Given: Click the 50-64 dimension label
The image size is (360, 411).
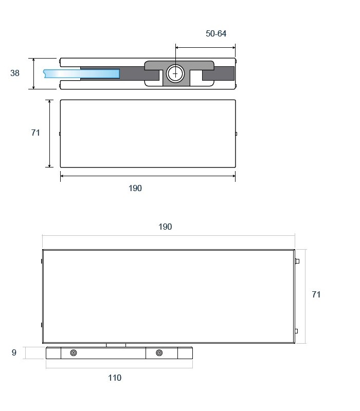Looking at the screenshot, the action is (215, 33).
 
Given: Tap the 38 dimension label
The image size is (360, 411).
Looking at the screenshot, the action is (15, 73).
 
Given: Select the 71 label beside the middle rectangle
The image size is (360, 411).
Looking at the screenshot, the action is (35, 133).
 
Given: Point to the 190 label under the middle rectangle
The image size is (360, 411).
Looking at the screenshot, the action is (135, 188).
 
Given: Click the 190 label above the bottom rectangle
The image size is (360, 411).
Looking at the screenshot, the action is (165, 227).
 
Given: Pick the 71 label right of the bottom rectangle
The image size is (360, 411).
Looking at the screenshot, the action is (316, 294).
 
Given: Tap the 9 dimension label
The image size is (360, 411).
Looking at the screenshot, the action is (14, 352).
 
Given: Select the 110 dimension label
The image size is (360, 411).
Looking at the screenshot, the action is (115, 378).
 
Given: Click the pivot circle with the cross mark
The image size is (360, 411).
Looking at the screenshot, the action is (175, 73).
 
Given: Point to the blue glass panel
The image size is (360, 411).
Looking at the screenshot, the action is (82, 73).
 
